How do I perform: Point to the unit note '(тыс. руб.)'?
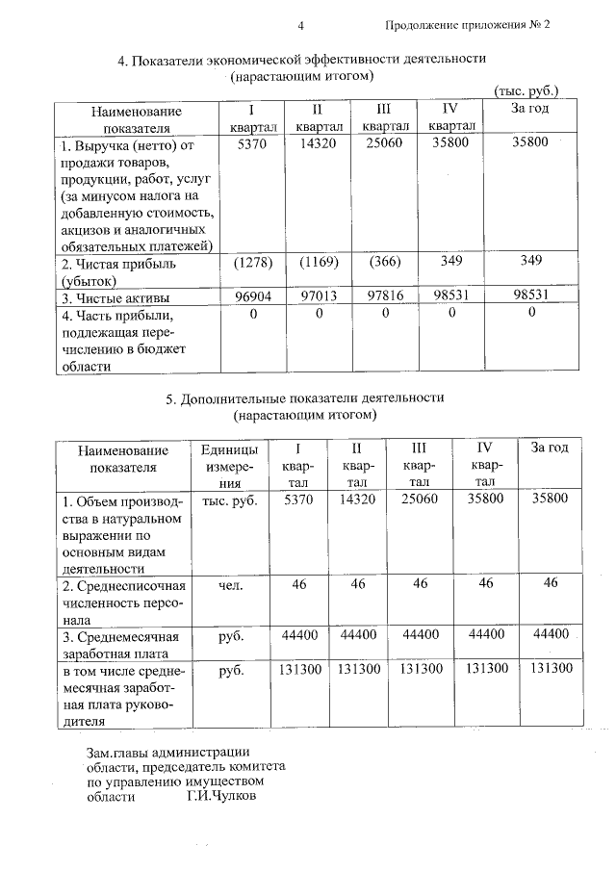[x=526, y=91]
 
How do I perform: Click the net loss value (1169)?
[x=318, y=261]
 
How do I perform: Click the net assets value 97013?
[x=318, y=297]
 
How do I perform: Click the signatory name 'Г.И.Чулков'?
[x=222, y=794]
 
